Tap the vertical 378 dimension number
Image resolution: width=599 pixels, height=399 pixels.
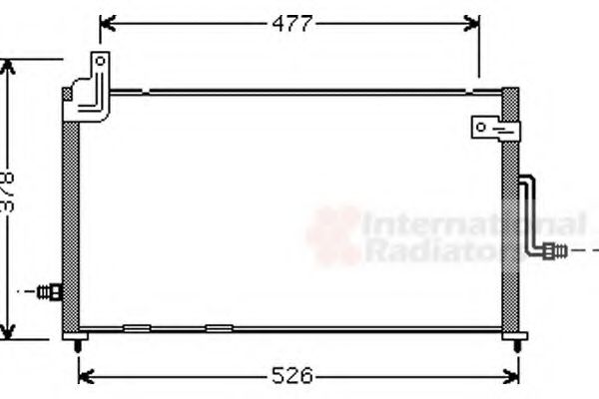8,196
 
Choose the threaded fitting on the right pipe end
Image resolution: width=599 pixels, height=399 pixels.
556,250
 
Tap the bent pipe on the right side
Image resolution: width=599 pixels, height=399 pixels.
530,214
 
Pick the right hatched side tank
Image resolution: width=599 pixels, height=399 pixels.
511,214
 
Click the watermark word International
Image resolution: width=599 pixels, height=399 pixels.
472,223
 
